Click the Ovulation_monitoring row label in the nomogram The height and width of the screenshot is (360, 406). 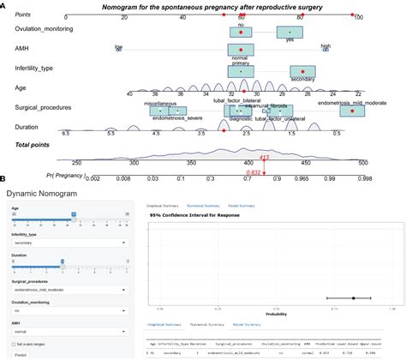pos(44,29)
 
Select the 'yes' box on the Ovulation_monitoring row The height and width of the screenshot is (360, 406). pos(290,34)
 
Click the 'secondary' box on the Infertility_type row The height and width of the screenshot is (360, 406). pos(302,72)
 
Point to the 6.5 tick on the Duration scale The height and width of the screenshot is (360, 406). pos(66,134)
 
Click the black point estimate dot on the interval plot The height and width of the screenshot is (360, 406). pos(353,297)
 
